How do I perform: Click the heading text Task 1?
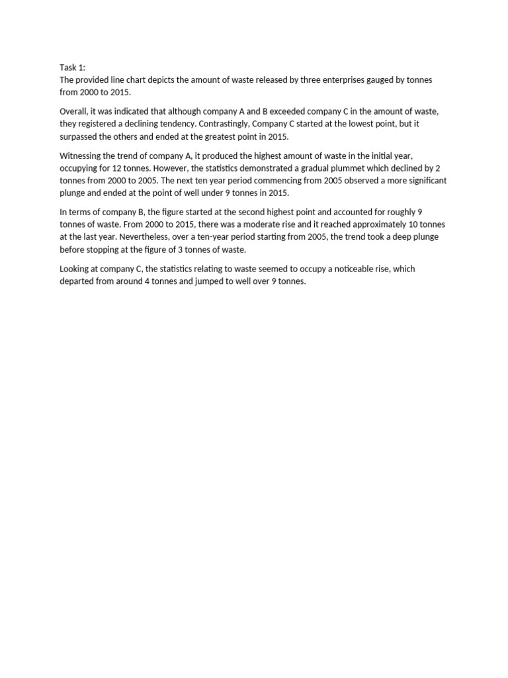[x=72, y=68]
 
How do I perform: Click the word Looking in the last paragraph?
[x=75, y=269]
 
